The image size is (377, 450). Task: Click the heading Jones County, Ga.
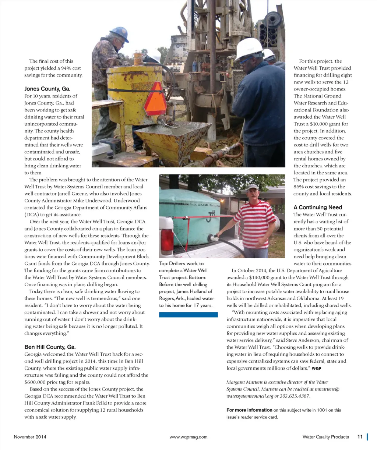pos(47,89)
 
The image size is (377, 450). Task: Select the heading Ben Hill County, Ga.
pos(50,347)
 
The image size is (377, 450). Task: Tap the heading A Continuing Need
pos(318,207)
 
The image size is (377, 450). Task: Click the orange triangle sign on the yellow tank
pos(155,98)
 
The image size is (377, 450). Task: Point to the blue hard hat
pos(119,34)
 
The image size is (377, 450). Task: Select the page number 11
pos(360,437)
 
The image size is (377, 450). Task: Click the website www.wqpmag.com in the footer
pos(188,437)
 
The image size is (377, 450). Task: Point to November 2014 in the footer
pos(30,437)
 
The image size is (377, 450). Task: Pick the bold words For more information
pos(249,410)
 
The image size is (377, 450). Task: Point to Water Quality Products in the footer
pos(325,437)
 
